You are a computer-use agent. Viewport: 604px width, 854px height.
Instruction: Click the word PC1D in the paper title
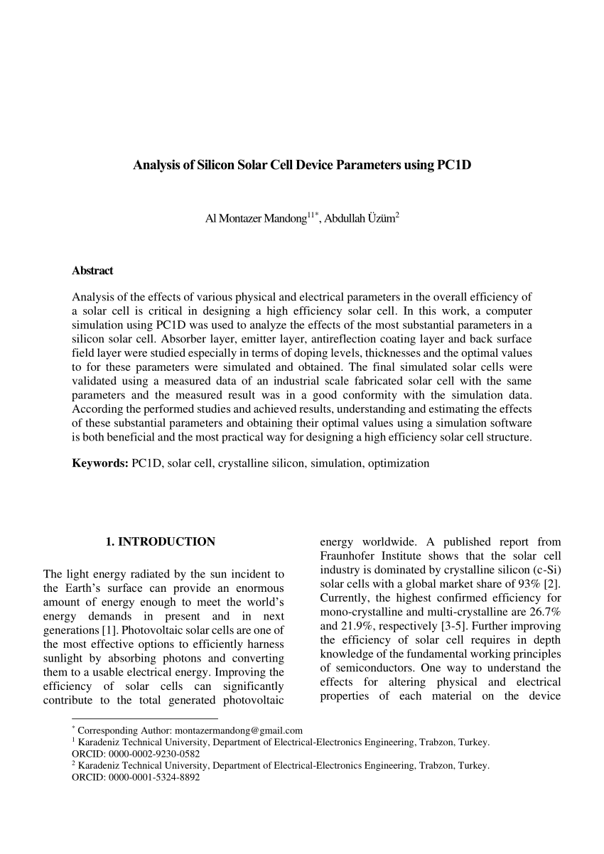pos(454,166)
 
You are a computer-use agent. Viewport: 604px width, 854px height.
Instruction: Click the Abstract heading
pos(92,271)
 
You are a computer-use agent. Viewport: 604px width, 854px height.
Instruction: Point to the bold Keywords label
pos(99,463)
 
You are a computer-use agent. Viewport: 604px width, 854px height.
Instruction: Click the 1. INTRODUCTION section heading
pos(160,541)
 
